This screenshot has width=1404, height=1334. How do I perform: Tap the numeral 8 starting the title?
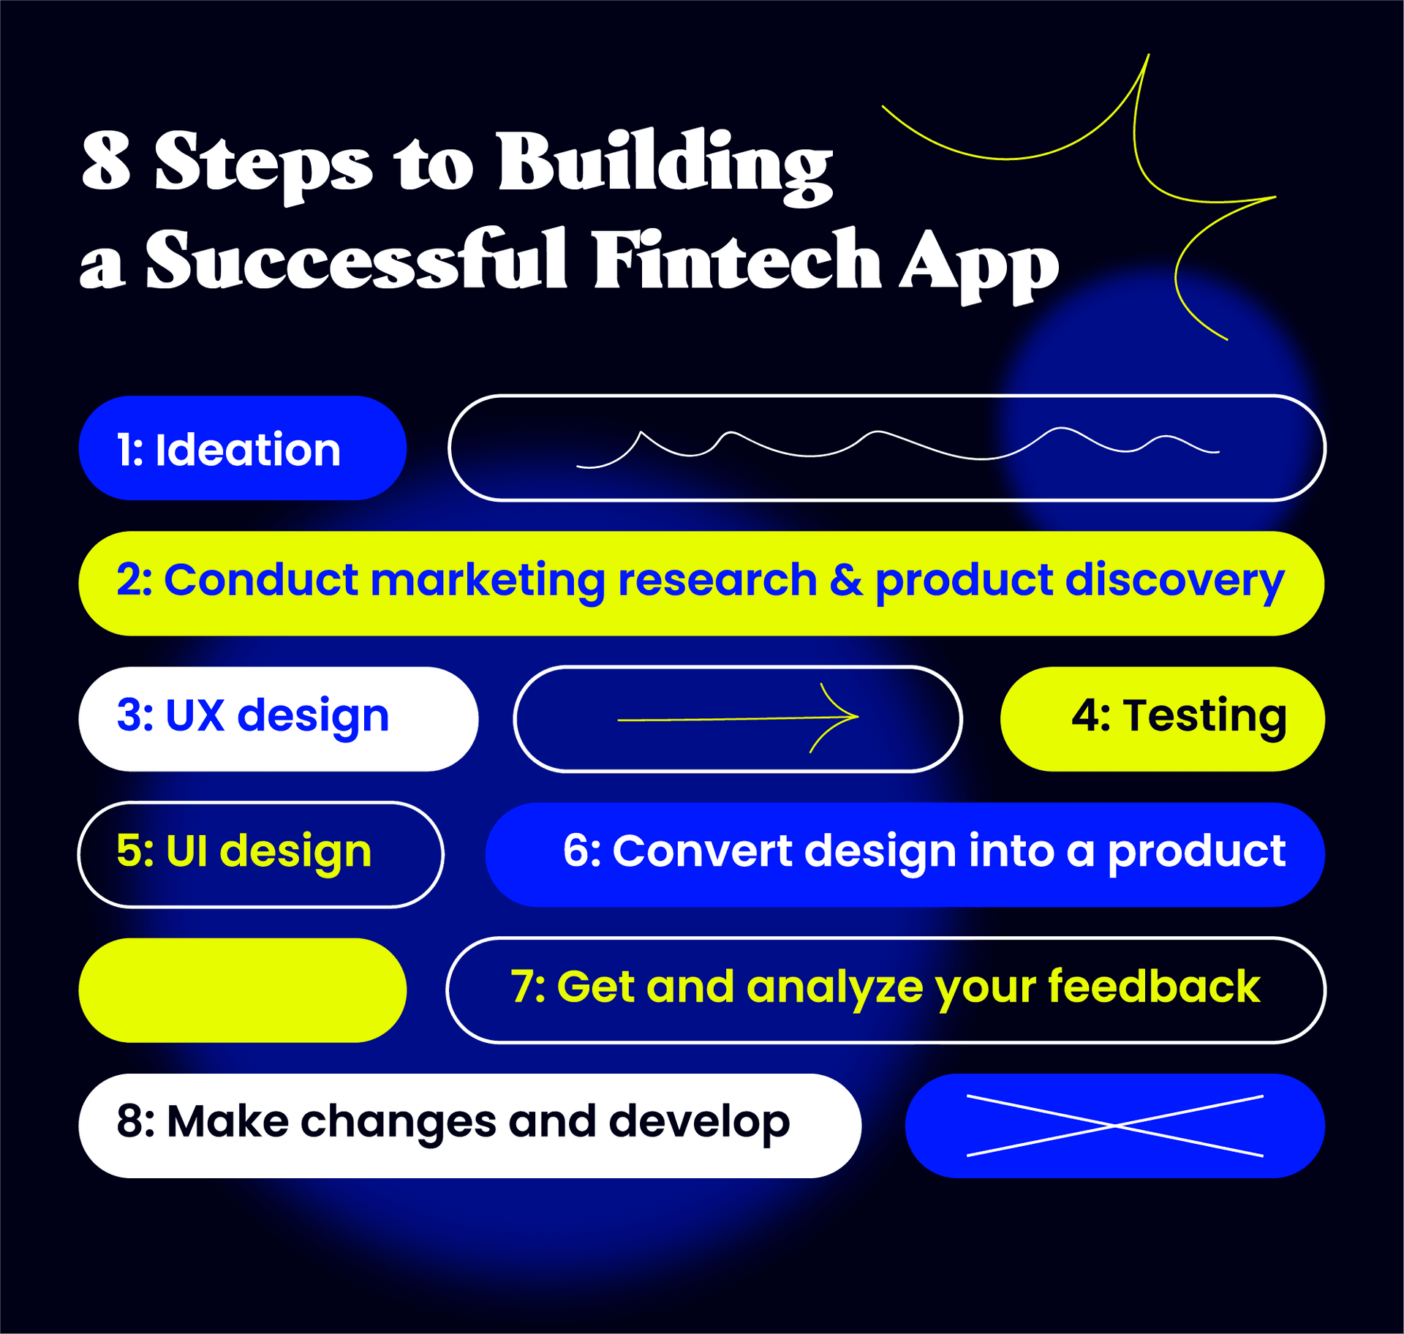[x=107, y=161]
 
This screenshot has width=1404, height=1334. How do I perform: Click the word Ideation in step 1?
[x=248, y=449]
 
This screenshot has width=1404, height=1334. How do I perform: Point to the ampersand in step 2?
[x=846, y=580]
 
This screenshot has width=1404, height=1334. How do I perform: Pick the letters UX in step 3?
[x=195, y=715]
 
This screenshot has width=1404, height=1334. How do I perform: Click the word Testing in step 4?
[x=1204, y=716]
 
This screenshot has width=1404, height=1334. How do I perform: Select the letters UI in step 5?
[x=187, y=851]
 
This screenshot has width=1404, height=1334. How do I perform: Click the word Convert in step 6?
[x=702, y=851]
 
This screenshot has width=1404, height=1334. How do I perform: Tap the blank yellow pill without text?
[x=242, y=990]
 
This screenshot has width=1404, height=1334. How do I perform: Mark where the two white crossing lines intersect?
[x=1114, y=1126]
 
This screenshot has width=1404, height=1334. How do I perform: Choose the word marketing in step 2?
[x=488, y=581]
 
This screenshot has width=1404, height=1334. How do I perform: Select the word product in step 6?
[x=1196, y=853]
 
